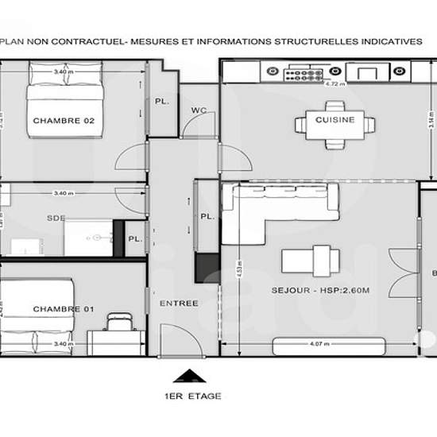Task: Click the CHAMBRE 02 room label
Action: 64,121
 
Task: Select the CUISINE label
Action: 334,120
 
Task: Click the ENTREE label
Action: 179,304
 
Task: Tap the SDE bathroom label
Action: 56,218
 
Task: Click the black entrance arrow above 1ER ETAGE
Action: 188,376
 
